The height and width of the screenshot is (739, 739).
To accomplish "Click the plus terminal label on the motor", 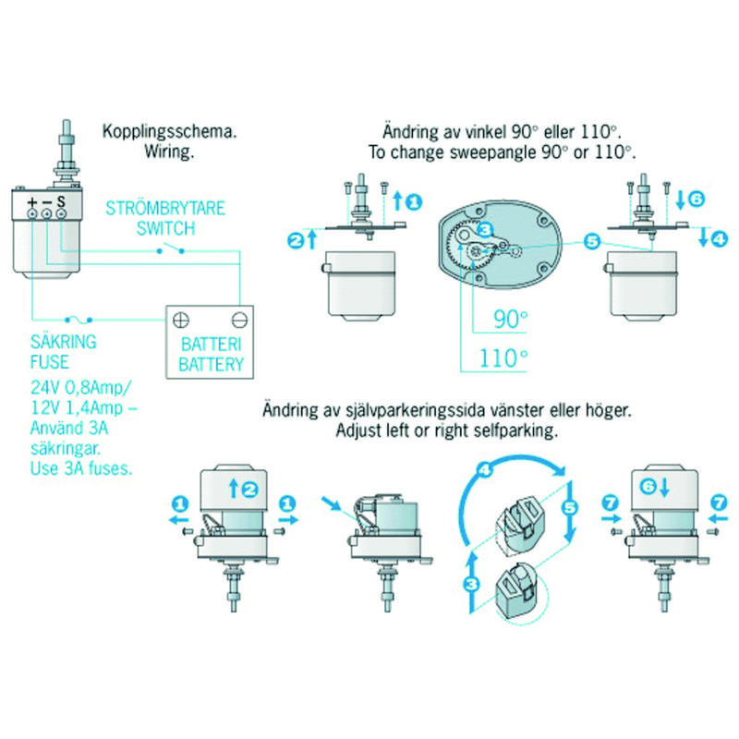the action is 31,202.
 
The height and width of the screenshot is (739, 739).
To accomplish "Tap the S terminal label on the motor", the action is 61,201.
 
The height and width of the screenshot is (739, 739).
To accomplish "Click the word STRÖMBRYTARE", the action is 165,209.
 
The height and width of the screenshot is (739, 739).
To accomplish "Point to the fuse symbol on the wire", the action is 79,320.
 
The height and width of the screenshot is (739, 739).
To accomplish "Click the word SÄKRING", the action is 64,341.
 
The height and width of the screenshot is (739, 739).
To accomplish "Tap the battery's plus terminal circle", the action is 181,320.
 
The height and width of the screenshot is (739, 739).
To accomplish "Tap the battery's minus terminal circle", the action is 240,320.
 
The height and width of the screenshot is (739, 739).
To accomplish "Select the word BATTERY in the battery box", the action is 212,364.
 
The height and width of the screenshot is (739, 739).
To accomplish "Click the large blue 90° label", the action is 511,319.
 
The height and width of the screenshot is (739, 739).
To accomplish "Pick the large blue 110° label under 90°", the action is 503,358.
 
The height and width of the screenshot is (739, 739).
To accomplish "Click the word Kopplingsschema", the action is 170,131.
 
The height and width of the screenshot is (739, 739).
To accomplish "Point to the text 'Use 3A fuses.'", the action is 81,468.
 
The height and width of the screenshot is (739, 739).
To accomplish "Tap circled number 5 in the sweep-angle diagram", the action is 591,242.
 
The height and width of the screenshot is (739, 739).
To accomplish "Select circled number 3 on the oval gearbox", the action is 484,229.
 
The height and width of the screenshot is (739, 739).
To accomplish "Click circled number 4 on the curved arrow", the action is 484,469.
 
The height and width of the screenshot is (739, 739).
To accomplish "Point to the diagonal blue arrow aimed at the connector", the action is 332,503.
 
